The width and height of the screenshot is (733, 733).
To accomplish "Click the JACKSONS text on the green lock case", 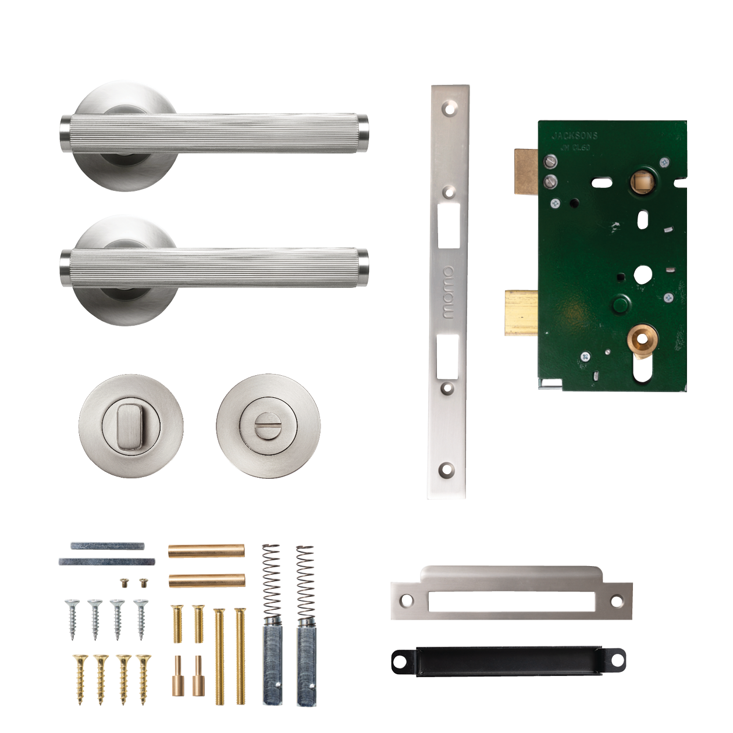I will pos(574,136).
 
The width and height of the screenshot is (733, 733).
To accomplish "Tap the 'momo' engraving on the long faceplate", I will pos(447,293).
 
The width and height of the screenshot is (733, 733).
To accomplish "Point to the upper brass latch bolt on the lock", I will pos(525,170).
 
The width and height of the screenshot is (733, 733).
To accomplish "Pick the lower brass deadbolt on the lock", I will pos(521,314).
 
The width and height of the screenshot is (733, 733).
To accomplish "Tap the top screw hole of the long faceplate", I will pos(449,108).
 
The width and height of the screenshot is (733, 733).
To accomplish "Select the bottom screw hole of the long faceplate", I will pos(447,469).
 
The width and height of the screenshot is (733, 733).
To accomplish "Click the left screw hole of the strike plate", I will pos(407,600).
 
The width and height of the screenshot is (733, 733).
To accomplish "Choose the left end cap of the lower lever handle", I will pos(65,269).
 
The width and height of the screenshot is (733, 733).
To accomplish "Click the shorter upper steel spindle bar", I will pos(108,546).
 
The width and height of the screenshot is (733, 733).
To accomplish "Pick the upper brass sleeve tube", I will pos(206,550).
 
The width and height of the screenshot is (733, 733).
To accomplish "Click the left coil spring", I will pos(271,581).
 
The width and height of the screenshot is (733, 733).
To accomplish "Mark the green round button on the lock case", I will pos(620,304).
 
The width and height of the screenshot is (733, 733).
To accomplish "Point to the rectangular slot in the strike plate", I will pos(511,602).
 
